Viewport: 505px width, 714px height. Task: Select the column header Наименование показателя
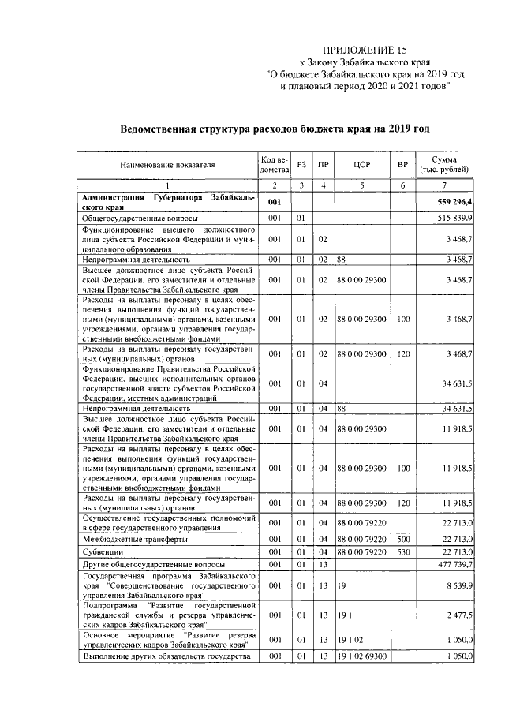coord(166,165)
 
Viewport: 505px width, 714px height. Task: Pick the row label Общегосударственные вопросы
coord(133,217)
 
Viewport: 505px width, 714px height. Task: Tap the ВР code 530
coord(403,552)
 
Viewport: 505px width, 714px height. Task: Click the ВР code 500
coord(403,539)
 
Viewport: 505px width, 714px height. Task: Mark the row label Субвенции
coord(103,552)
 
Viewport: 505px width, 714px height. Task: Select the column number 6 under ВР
coord(403,185)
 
